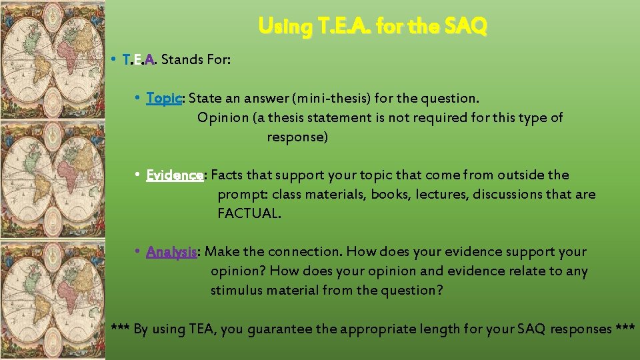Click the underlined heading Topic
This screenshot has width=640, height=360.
164,99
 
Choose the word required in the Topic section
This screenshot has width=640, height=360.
414,118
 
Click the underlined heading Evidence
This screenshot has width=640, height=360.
175,175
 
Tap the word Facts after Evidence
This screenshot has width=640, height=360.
227,175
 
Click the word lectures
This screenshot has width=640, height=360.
431,195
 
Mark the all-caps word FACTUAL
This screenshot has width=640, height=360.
249,214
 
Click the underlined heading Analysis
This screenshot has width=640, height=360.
171,252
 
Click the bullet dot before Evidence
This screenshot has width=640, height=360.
136,175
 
